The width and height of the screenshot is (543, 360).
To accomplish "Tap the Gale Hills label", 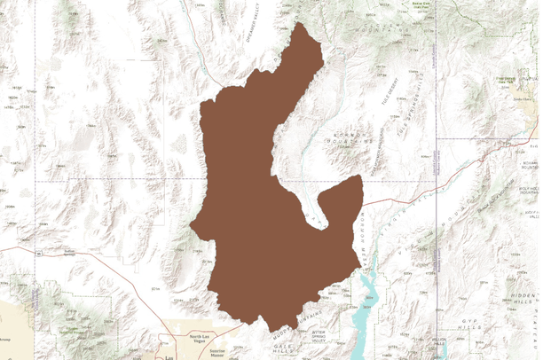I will (283, 351).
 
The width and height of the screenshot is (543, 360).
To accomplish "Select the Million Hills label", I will (440, 341).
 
